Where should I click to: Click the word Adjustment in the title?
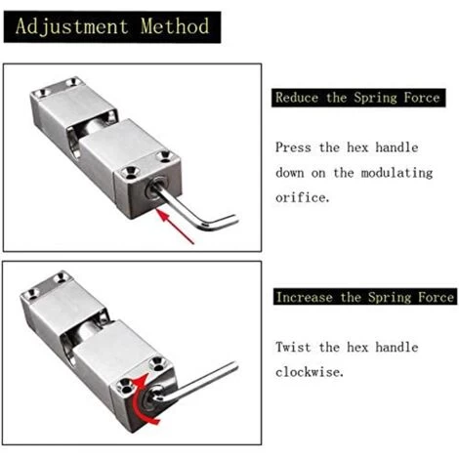71,26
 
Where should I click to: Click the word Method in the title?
175,26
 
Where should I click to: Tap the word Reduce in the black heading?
297,98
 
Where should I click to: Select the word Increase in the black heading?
305,297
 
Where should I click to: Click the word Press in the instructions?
293,147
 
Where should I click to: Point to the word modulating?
396,173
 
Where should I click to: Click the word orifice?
303,197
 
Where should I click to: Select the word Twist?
293,347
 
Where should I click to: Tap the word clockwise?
310,372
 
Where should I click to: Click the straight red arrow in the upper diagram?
175,227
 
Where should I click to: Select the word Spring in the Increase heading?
390,298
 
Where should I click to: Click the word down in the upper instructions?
290,173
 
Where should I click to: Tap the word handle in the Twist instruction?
396,347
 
